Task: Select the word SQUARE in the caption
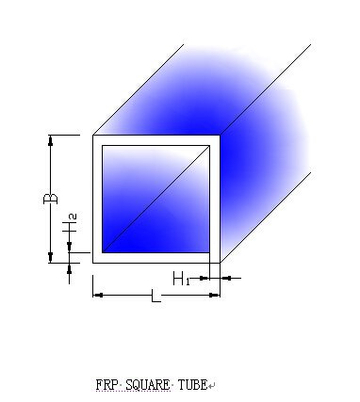click(x=147, y=385)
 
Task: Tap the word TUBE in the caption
click(x=192, y=385)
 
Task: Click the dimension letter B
click(x=51, y=199)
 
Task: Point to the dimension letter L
click(x=156, y=296)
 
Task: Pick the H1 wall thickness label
click(x=182, y=279)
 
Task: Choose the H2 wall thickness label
click(x=70, y=224)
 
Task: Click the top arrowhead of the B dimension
click(x=50, y=141)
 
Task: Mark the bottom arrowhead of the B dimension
click(x=50, y=257)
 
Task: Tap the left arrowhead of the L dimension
click(x=98, y=295)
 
